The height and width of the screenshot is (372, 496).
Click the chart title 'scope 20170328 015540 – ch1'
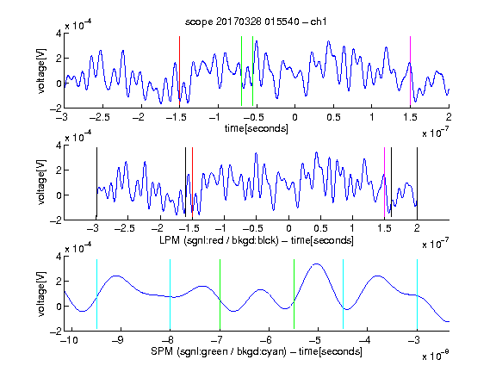tap(256, 22)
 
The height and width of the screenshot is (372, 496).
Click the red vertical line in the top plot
tap(179, 71)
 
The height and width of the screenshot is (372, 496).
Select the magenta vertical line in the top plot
tap(410, 71)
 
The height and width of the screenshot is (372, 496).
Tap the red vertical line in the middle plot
tap(192, 183)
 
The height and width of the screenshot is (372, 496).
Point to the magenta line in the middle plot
tap(385, 183)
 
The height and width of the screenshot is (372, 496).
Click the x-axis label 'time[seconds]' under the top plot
tap(257, 128)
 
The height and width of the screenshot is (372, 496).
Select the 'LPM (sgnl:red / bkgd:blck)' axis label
tap(219, 240)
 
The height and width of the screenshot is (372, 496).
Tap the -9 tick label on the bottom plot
tap(118, 340)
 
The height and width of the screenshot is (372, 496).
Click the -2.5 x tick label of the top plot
tap(100, 117)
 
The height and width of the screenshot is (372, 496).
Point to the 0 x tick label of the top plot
tap(294, 117)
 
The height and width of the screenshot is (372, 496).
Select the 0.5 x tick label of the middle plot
tap(320, 228)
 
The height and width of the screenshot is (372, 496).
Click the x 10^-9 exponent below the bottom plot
tap(435, 356)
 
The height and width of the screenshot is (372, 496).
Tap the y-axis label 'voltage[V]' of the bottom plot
tap(41, 294)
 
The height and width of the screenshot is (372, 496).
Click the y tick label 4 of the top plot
tap(59, 34)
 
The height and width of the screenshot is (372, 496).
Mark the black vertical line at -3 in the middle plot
tap(96, 183)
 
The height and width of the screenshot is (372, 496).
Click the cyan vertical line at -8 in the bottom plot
tap(170, 294)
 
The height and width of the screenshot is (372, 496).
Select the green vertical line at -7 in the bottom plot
tap(220, 294)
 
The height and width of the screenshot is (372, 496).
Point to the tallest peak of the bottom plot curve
tap(317, 263)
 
